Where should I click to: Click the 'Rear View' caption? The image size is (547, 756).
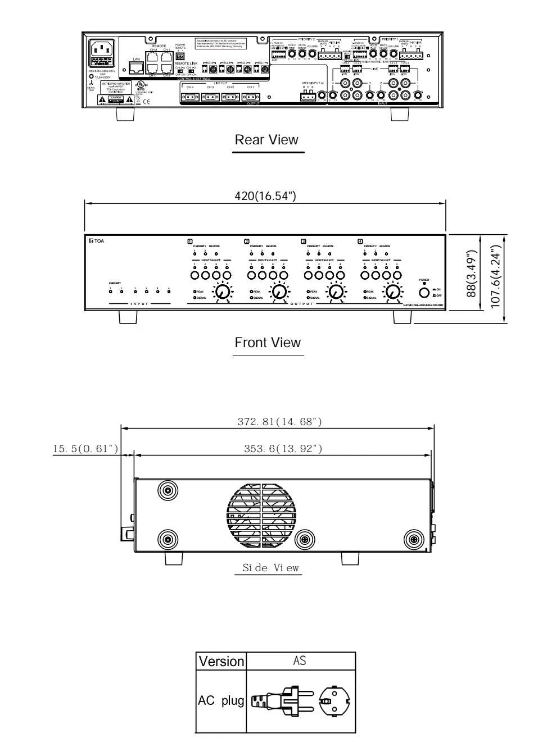point(266,140)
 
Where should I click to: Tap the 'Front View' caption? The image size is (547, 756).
point(268,343)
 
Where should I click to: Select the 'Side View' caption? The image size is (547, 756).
point(268,568)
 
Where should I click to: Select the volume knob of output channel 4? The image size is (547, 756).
point(393,292)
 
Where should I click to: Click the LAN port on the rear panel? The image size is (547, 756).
point(135,68)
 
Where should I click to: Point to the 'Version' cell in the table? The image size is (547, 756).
point(221,661)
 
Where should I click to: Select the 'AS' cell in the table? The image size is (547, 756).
point(300,661)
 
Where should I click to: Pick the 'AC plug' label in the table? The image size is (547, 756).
point(220,700)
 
